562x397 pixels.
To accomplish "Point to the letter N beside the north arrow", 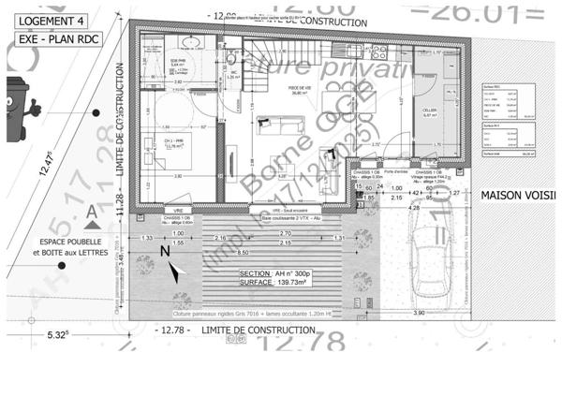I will click(x=165, y=251).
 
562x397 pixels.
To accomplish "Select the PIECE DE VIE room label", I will click(x=300, y=88).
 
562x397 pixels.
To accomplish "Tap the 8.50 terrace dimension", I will click(x=243, y=253).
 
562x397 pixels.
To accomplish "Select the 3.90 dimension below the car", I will click(x=420, y=314).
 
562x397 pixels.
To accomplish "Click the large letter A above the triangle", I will click(x=91, y=213).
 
